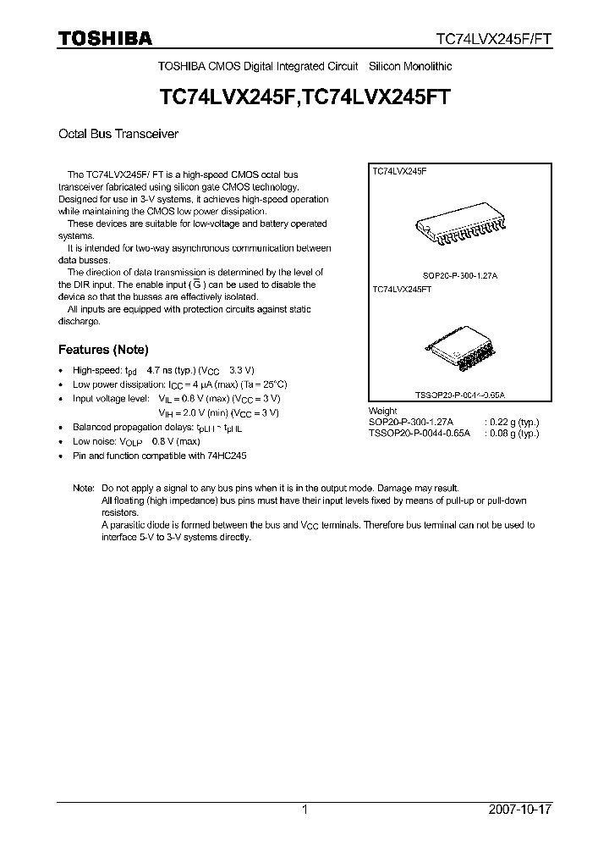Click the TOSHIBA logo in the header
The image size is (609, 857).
click(105, 38)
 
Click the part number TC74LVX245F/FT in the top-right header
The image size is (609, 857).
click(494, 39)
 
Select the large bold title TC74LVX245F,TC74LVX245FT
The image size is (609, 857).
click(304, 97)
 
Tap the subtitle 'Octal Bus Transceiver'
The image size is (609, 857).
click(118, 134)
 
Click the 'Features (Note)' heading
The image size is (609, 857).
click(103, 349)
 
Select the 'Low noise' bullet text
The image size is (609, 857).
click(136, 441)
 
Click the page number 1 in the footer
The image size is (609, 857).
click(304, 810)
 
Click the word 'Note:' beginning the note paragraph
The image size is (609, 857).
click(84, 489)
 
